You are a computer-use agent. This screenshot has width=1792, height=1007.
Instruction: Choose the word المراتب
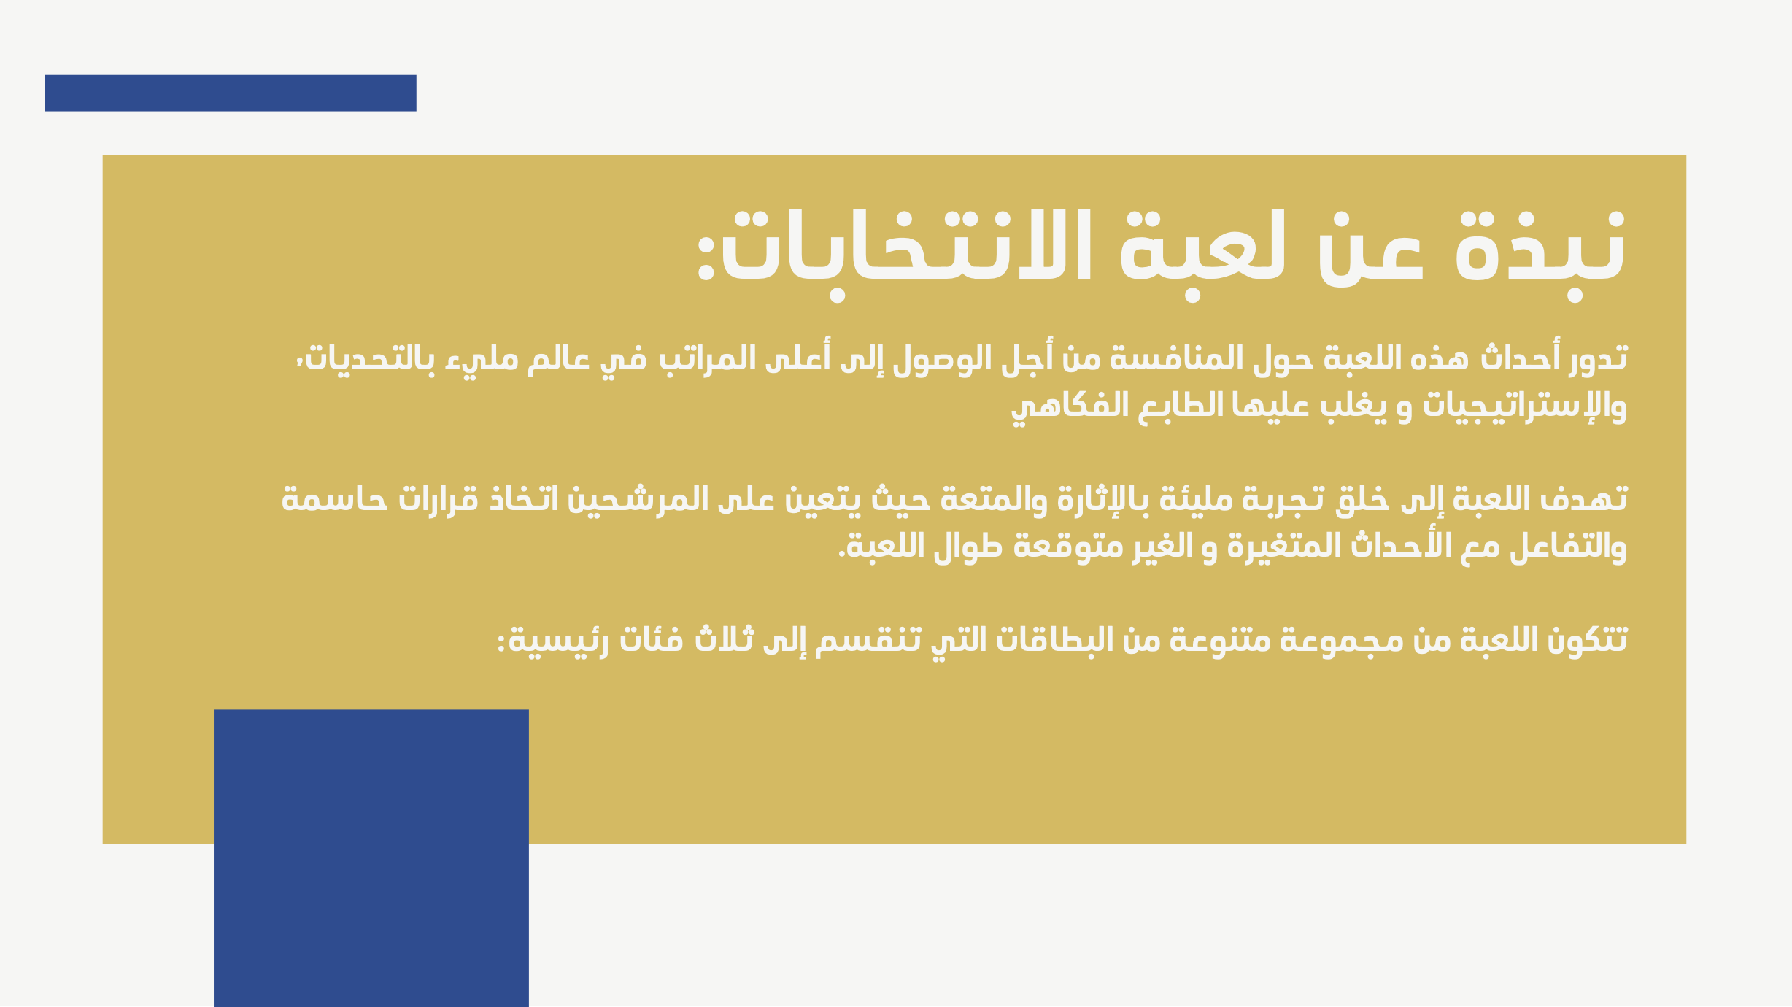[707, 358]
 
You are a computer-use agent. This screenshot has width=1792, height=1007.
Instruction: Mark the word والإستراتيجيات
[1524, 406]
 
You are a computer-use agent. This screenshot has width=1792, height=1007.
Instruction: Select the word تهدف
[1583, 499]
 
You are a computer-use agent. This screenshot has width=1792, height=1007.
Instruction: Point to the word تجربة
[1282, 499]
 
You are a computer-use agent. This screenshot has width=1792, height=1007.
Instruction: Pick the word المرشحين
[638, 499]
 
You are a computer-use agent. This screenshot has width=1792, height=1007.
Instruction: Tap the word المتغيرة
[1283, 547]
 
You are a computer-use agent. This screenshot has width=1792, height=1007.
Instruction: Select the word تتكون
[1587, 640]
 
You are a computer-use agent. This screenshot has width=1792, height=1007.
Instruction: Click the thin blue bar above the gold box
[231, 93]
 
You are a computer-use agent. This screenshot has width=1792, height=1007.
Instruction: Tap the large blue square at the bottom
[371, 858]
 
